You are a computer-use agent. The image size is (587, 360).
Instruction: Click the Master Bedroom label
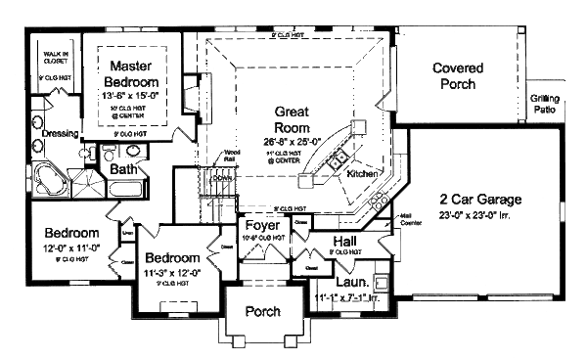(x=135, y=74)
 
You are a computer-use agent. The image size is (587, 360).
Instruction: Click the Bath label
(x=124, y=169)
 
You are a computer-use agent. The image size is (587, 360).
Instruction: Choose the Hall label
(x=344, y=241)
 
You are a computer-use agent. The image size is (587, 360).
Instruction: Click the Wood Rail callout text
(x=232, y=155)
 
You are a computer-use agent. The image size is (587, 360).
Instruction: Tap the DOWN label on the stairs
(x=222, y=178)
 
